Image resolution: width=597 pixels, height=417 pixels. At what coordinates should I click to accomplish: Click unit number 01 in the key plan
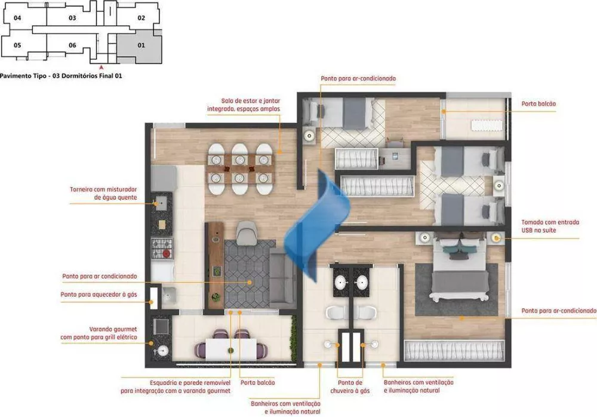(x=141, y=45)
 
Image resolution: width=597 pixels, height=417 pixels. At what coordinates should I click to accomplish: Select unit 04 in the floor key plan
(x=17, y=18)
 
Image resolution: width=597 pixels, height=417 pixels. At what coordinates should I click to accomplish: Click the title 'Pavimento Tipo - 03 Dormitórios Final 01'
(x=61, y=76)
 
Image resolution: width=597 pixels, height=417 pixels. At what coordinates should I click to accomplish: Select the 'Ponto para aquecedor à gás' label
(x=99, y=295)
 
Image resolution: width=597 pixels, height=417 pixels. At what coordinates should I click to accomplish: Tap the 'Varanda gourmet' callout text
(x=99, y=333)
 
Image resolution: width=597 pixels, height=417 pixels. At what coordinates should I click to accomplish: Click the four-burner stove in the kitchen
(x=161, y=247)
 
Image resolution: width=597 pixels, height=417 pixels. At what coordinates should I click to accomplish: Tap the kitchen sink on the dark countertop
(x=160, y=203)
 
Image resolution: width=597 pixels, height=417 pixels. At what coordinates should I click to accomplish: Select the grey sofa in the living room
(x=282, y=278)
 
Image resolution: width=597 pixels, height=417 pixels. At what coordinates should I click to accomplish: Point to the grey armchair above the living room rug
(x=245, y=232)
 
